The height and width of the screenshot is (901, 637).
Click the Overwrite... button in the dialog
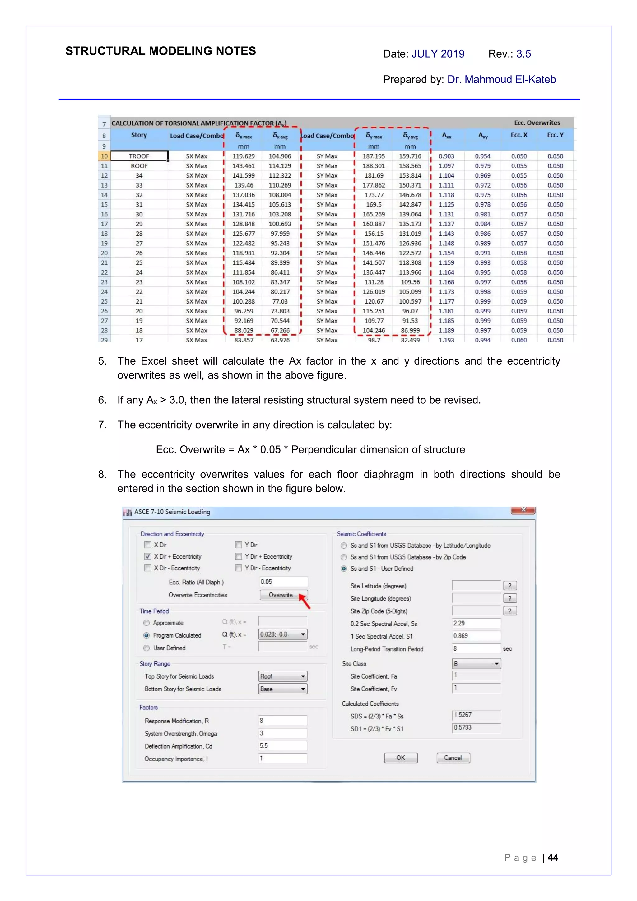[x=283, y=595]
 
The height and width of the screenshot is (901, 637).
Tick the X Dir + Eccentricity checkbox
[x=147, y=556]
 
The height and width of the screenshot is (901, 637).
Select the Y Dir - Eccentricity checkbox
[x=238, y=568]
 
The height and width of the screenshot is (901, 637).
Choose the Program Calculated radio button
[x=146, y=635]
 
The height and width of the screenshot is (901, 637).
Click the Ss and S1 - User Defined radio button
[x=344, y=569]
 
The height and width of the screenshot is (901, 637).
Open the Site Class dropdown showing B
[x=476, y=664]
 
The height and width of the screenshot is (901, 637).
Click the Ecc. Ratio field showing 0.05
[x=283, y=582]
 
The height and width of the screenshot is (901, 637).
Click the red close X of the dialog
[x=523, y=510]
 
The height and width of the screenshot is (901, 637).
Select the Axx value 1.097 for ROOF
[x=446, y=166]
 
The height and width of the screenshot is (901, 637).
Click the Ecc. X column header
[x=519, y=135]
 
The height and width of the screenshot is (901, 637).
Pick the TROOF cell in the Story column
[x=139, y=156]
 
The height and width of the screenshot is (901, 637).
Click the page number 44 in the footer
[x=553, y=857]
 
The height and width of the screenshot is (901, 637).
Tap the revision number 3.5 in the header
[x=523, y=54]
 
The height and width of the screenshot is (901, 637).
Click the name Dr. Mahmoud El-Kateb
[x=501, y=79]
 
